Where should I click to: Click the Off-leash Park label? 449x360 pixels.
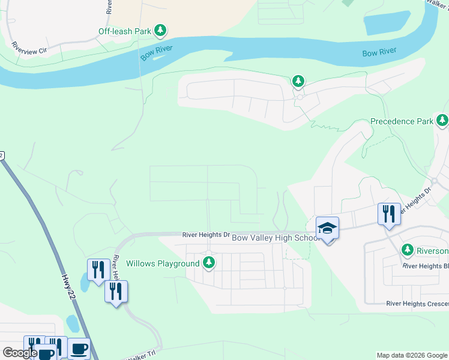click(x=124, y=31)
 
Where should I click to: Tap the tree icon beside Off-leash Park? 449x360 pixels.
click(x=160, y=29)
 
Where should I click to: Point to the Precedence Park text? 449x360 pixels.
click(x=402, y=121)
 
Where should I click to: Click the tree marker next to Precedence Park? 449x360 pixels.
click(x=442, y=121)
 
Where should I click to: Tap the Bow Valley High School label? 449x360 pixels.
click(x=276, y=238)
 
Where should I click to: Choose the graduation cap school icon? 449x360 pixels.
click(x=328, y=228)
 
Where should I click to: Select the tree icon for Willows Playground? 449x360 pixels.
click(x=209, y=262)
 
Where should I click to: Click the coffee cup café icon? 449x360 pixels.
click(x=79, y=348)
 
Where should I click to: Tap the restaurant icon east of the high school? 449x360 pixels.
click(x=389, y=214)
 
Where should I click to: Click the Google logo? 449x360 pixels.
click(x=20, y=353)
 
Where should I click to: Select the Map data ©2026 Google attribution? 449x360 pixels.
click(x=412, y=355)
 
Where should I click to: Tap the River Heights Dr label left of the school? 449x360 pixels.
click(x=206, y=235)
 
